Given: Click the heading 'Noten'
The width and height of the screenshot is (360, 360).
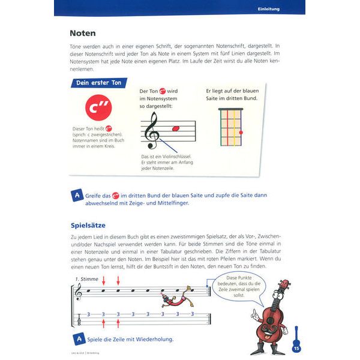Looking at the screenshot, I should click(x=83, y=33).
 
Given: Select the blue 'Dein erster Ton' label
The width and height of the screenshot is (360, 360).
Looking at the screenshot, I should click(x=99, y=83).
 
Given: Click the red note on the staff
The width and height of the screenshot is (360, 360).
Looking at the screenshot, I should click(x=176, y=128).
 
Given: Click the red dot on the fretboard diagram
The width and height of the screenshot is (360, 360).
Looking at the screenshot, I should click(x=241, y=132).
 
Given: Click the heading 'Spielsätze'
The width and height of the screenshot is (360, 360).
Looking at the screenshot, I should click(x=89, y=226).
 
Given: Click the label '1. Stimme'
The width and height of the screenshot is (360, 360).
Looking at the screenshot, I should click(x=87, y=280).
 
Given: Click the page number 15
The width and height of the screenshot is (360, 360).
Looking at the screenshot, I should click(x=296, y=349).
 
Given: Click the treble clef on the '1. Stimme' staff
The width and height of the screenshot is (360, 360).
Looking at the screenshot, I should click(x=77, y=293).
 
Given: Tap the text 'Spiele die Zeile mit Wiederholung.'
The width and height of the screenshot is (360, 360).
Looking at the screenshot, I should click(x=130, y=340).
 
